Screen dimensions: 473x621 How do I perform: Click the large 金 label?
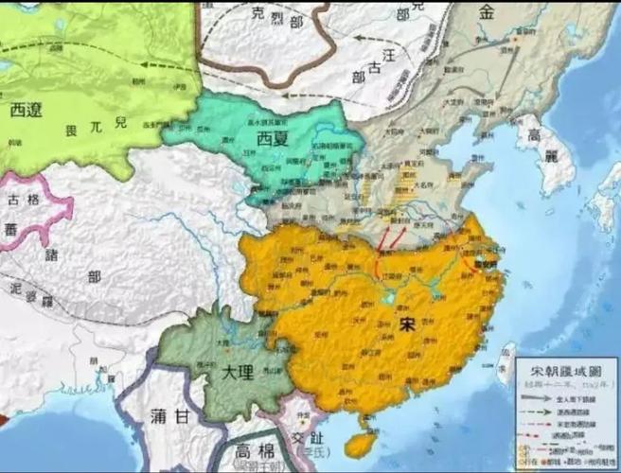click(488, 12)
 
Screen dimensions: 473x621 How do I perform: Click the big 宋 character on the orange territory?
click(408, 324)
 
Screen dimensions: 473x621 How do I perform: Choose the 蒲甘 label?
click(170, 415)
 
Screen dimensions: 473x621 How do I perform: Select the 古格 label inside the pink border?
click(26, 201)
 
